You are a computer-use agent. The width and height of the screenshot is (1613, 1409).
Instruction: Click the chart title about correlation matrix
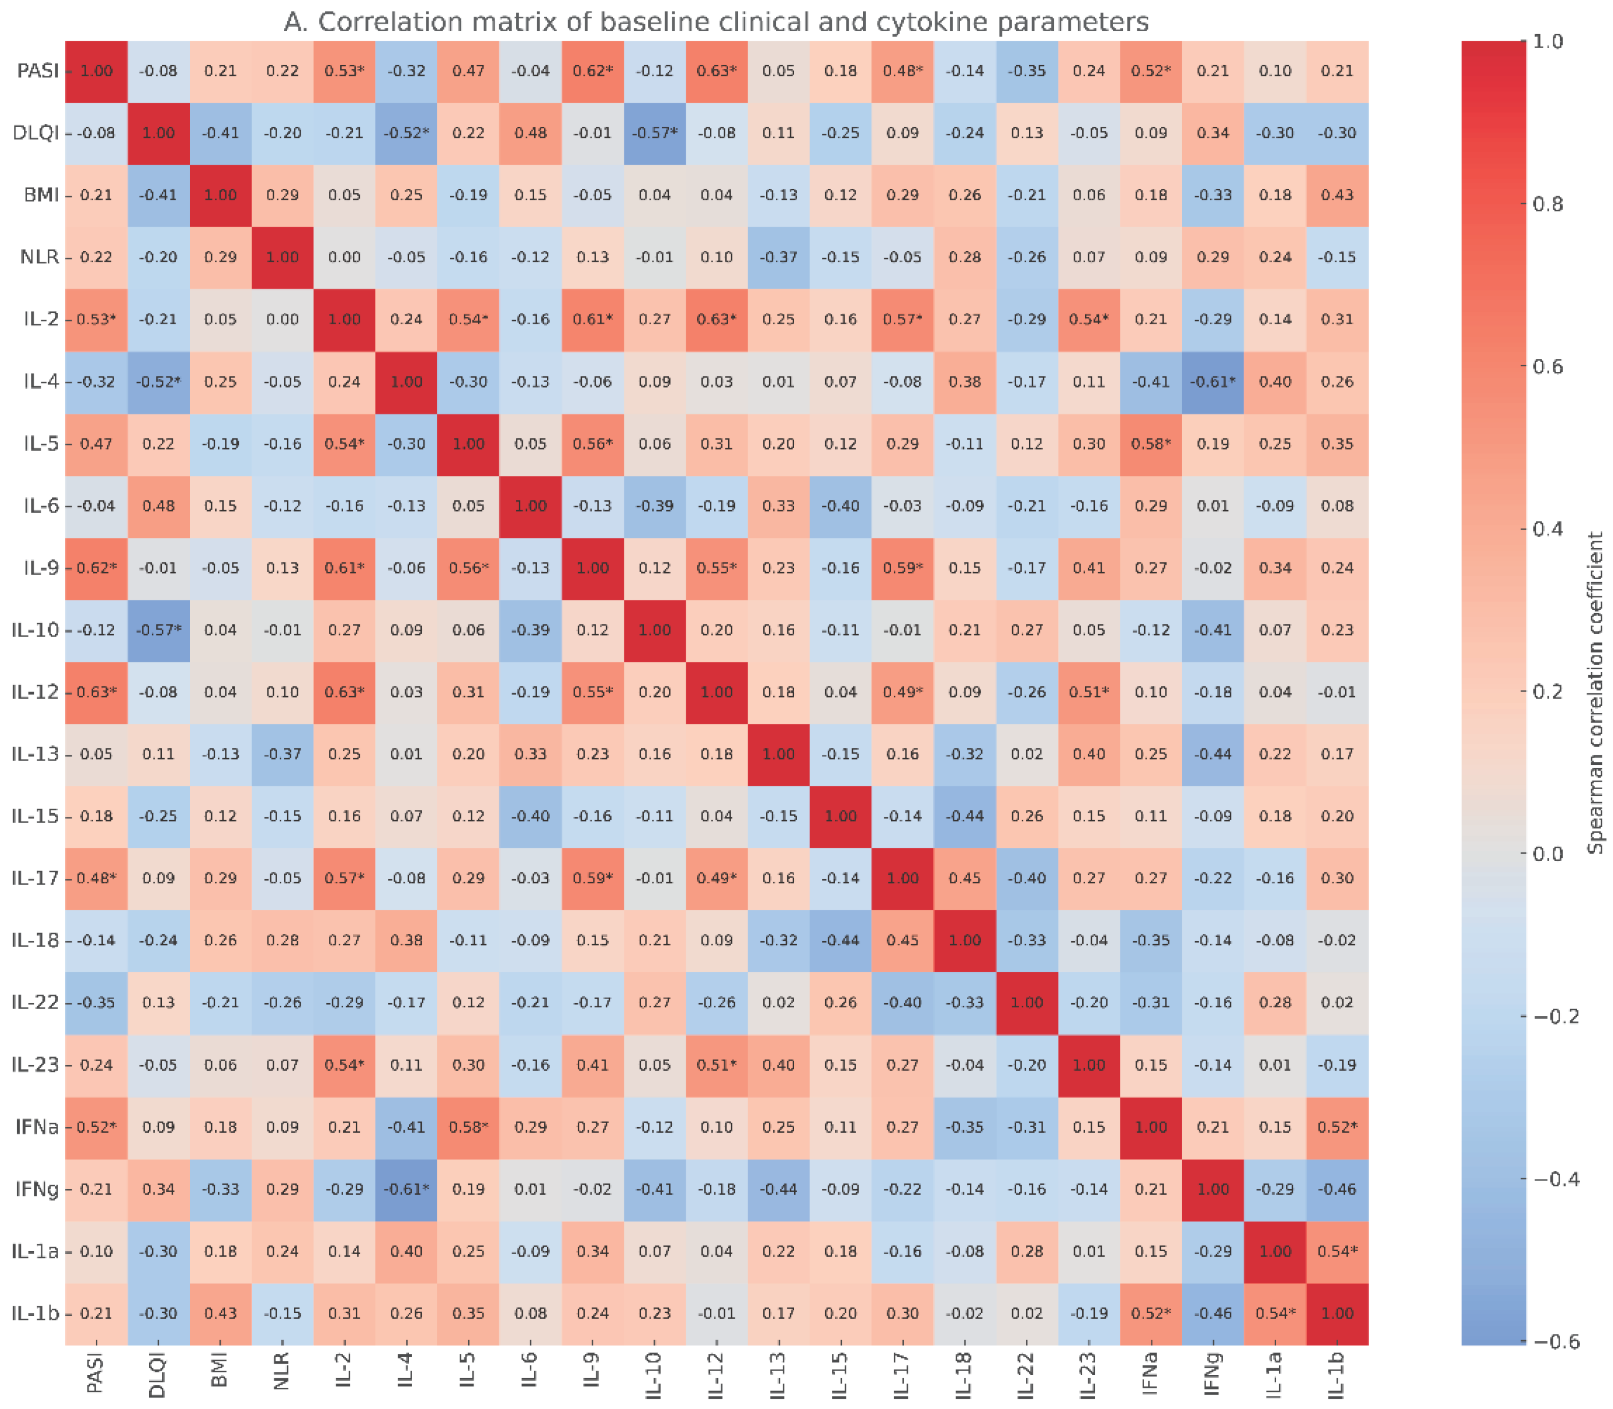click(716, 22)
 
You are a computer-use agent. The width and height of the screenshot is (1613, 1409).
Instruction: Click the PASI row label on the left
click(38, 71)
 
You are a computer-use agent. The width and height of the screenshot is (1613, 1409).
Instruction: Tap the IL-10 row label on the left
click(36, 630)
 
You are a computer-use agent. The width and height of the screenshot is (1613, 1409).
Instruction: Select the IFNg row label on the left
click(37, 1189)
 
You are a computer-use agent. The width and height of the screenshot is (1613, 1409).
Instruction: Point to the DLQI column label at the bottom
click(158, 1375)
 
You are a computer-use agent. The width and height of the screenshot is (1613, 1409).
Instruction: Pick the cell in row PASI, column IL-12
click(716, 71)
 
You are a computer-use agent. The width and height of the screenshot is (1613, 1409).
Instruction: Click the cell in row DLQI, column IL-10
click(654, 133)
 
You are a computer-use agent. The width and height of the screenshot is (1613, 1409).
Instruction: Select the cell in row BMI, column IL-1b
click(1336, 195)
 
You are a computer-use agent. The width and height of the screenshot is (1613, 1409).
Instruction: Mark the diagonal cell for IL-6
click(530, 506)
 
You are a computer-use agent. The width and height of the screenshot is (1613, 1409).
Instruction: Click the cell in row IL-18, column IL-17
click(903, 940)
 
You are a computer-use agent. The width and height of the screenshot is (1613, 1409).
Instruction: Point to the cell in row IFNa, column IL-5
click(468, 1127)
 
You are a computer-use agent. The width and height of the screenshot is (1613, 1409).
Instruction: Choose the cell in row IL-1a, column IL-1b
click(1336, 1251)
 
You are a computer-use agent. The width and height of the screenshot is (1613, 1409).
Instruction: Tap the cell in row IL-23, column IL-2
click(344, 1065)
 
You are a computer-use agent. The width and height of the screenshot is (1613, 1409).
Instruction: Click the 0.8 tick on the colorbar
click(1547, 204)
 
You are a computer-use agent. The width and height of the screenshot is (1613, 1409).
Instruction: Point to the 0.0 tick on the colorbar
click(1547, 854)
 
